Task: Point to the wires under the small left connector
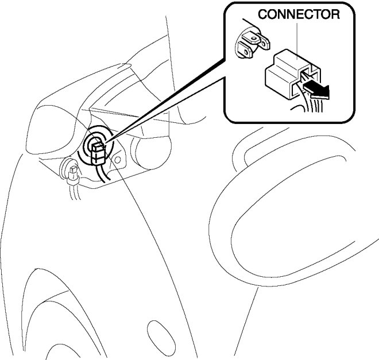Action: coord(74,192)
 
